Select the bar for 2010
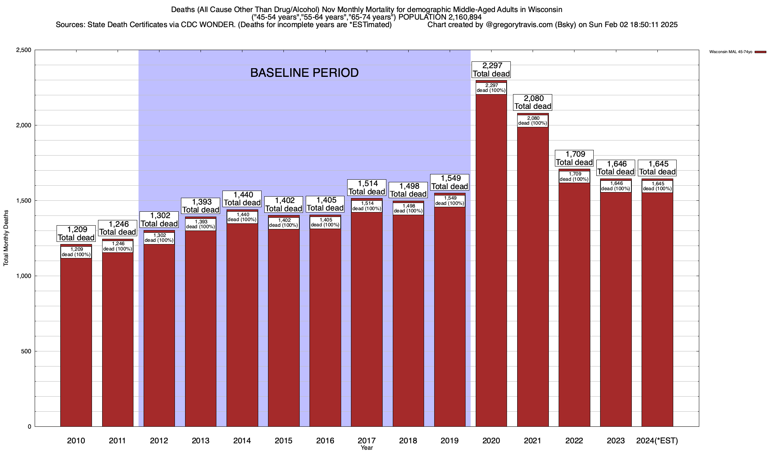coord(76,339)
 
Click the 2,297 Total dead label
coord(491,70)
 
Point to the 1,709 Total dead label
coord(574,158)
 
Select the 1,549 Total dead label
coord(450,182)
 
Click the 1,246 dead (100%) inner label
coord(118,246)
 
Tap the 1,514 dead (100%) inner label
coord(367,206)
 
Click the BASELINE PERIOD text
coord(304,73)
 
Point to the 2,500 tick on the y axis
coord(24,50)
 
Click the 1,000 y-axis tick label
coord(24,276)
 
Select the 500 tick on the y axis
coord(26,351)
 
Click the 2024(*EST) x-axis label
coord(657,441)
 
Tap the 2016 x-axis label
coord(325,441)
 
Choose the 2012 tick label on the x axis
coord(159,441)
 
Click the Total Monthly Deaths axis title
coord(6,238)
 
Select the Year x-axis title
coord(366,448)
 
